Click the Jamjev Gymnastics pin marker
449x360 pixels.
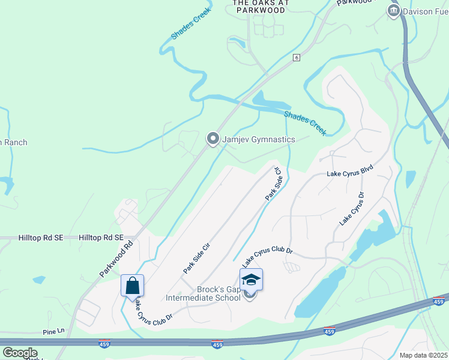coord(212,139)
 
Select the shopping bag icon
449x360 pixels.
coord(132,284)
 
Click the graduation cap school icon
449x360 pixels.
coord(251,280)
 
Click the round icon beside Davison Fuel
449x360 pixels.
coord(394,11)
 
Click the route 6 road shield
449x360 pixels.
coord(297,57)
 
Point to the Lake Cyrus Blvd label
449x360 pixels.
coord(350,173)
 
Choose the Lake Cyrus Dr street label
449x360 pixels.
coord(352,208)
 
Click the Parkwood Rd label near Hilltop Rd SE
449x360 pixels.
coord(116,259)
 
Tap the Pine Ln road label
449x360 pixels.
coord(53,331)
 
